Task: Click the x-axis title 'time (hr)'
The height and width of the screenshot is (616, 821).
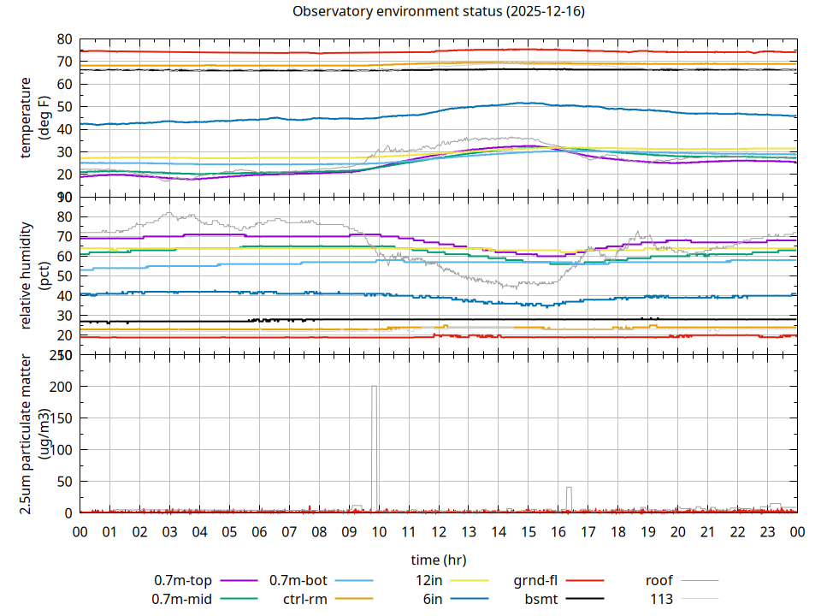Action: tap(438, 560)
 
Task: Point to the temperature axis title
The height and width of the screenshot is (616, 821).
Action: tap(34, 118)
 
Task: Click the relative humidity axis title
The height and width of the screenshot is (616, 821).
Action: tap(34, 275)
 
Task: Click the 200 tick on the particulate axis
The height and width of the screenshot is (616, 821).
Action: tap(62, 387)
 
